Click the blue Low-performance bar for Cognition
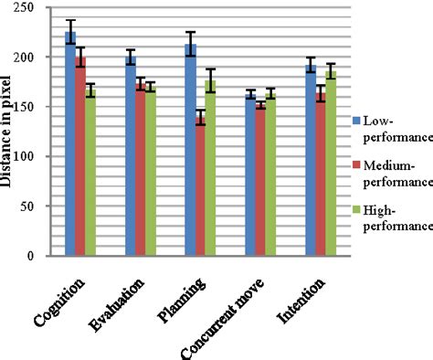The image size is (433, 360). (70, 146)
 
